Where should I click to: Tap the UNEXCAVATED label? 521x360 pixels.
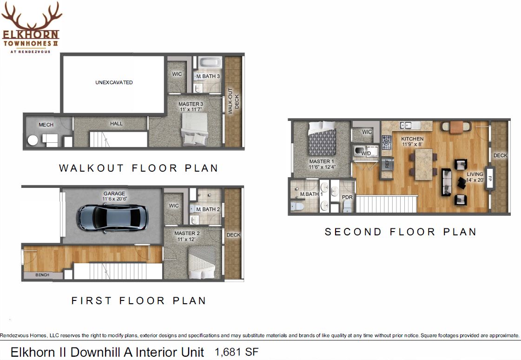[114, 82]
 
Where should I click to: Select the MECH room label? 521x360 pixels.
[46, 125]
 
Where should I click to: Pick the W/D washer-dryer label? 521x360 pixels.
[366, 153]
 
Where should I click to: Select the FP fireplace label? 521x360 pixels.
[489, 178]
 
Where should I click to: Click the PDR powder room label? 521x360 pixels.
[347, 197]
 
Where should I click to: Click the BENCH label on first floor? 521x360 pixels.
[42, 275]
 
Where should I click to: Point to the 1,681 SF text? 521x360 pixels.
[237, 352]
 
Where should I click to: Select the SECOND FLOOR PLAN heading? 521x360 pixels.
[400, 232]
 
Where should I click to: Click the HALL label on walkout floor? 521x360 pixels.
[116, 123]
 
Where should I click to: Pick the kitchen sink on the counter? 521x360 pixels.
[410, 125]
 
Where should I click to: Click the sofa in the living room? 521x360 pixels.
[446, 181]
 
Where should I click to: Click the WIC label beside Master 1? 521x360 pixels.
[367, 132]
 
